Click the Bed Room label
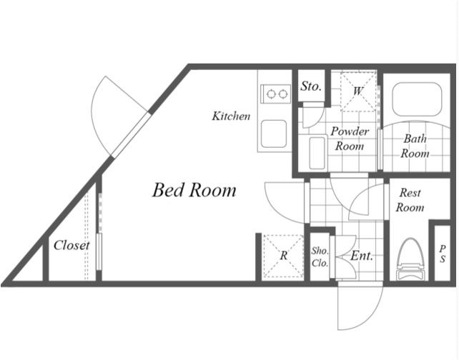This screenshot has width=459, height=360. point(194,190)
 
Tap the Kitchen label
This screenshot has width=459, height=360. point(231,116)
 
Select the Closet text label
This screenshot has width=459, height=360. point(71,245)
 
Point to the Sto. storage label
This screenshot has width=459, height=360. point(311,86)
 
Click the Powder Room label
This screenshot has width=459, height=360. point(350,139)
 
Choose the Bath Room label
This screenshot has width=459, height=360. point(415,146)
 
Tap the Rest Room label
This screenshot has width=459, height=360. point(410,200)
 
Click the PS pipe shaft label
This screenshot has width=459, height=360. point(443,254)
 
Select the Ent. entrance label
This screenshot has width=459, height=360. point(362,256)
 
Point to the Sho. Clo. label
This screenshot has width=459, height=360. point(320,256)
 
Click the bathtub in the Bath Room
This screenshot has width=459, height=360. point(417,99)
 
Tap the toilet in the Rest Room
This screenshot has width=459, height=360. point(410,259)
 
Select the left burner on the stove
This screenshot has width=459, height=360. point(272,94)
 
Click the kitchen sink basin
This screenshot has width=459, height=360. point(274,134)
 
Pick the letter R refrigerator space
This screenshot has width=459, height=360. point(283,256)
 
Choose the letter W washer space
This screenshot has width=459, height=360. point(357,91)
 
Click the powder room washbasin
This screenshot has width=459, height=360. point(317,153)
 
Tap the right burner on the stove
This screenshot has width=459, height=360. point(282,94)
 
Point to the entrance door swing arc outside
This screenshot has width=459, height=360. point(370,316)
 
